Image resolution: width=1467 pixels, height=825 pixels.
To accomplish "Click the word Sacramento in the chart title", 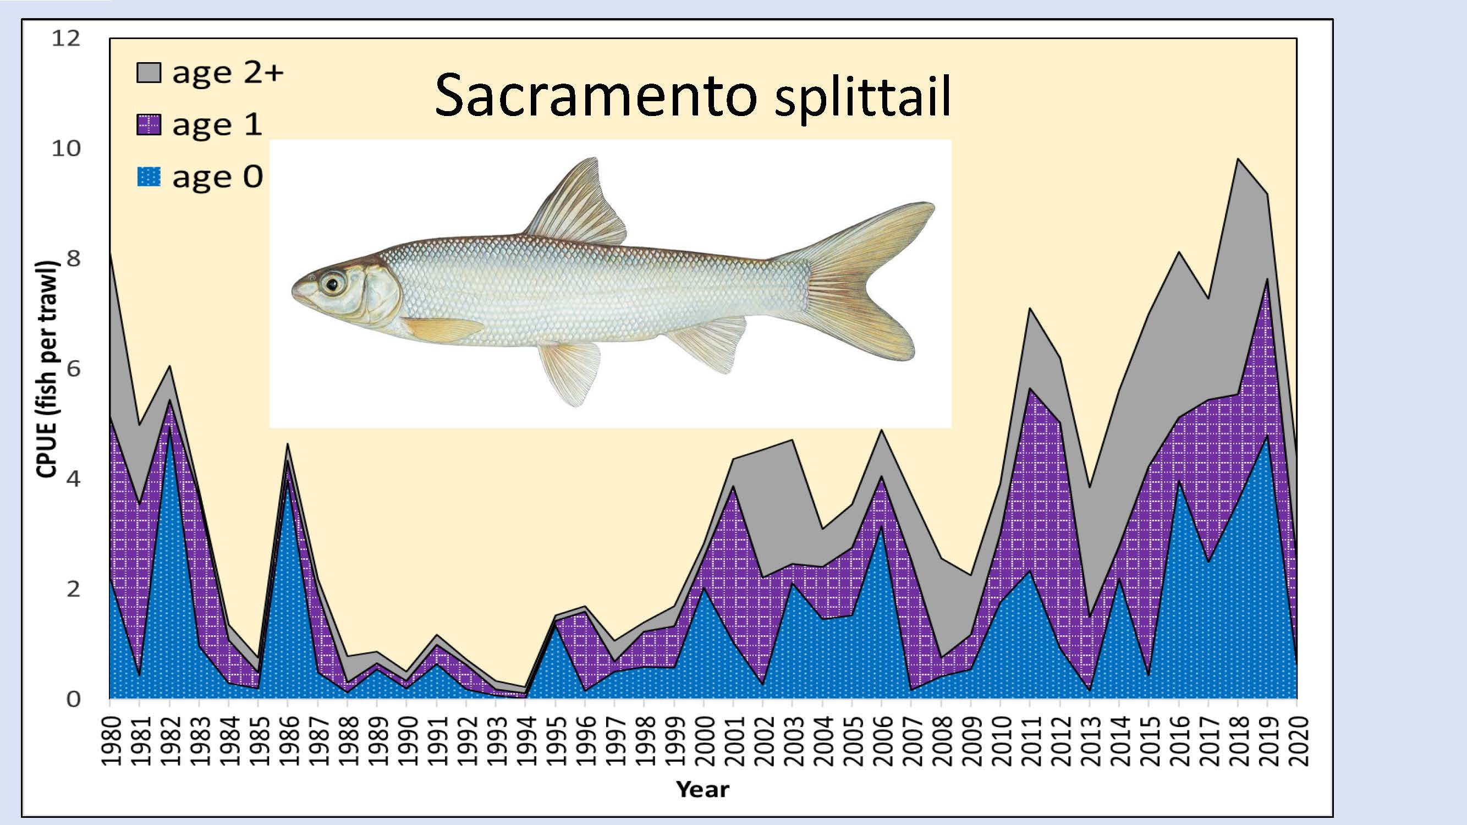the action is (x=596, y=96).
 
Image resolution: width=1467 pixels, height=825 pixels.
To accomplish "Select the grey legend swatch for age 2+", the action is (x=149, y=72).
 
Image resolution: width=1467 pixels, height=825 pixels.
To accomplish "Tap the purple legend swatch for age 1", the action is (x=149, y=125).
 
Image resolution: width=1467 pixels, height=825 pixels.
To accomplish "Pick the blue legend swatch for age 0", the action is (x=149, y=177).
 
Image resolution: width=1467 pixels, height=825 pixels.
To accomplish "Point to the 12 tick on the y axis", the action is (x=66, y=38).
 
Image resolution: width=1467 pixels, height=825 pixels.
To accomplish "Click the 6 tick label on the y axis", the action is (x=74, y=369).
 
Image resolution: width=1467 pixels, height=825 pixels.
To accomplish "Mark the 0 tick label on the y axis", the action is (x=74, y=698).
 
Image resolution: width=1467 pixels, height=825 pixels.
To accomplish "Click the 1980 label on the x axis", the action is (x=110, y=741).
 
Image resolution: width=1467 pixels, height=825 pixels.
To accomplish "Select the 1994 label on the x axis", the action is (x=526, y=741).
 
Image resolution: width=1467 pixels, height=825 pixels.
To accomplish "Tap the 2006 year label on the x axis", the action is (x=882, y=741).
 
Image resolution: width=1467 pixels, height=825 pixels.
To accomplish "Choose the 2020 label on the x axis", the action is (x=1297, y=741).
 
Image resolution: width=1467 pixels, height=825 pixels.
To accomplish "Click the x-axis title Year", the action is (x=703, y=790).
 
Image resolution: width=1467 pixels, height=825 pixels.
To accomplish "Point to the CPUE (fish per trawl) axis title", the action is (x=48, y=369).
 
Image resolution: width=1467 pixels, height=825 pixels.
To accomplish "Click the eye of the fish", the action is (x=333, y=283).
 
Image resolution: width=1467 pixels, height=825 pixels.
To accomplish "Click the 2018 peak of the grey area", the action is (x=1238, y=159).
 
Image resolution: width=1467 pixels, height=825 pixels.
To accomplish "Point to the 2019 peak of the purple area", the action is (x=1268, y=279).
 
